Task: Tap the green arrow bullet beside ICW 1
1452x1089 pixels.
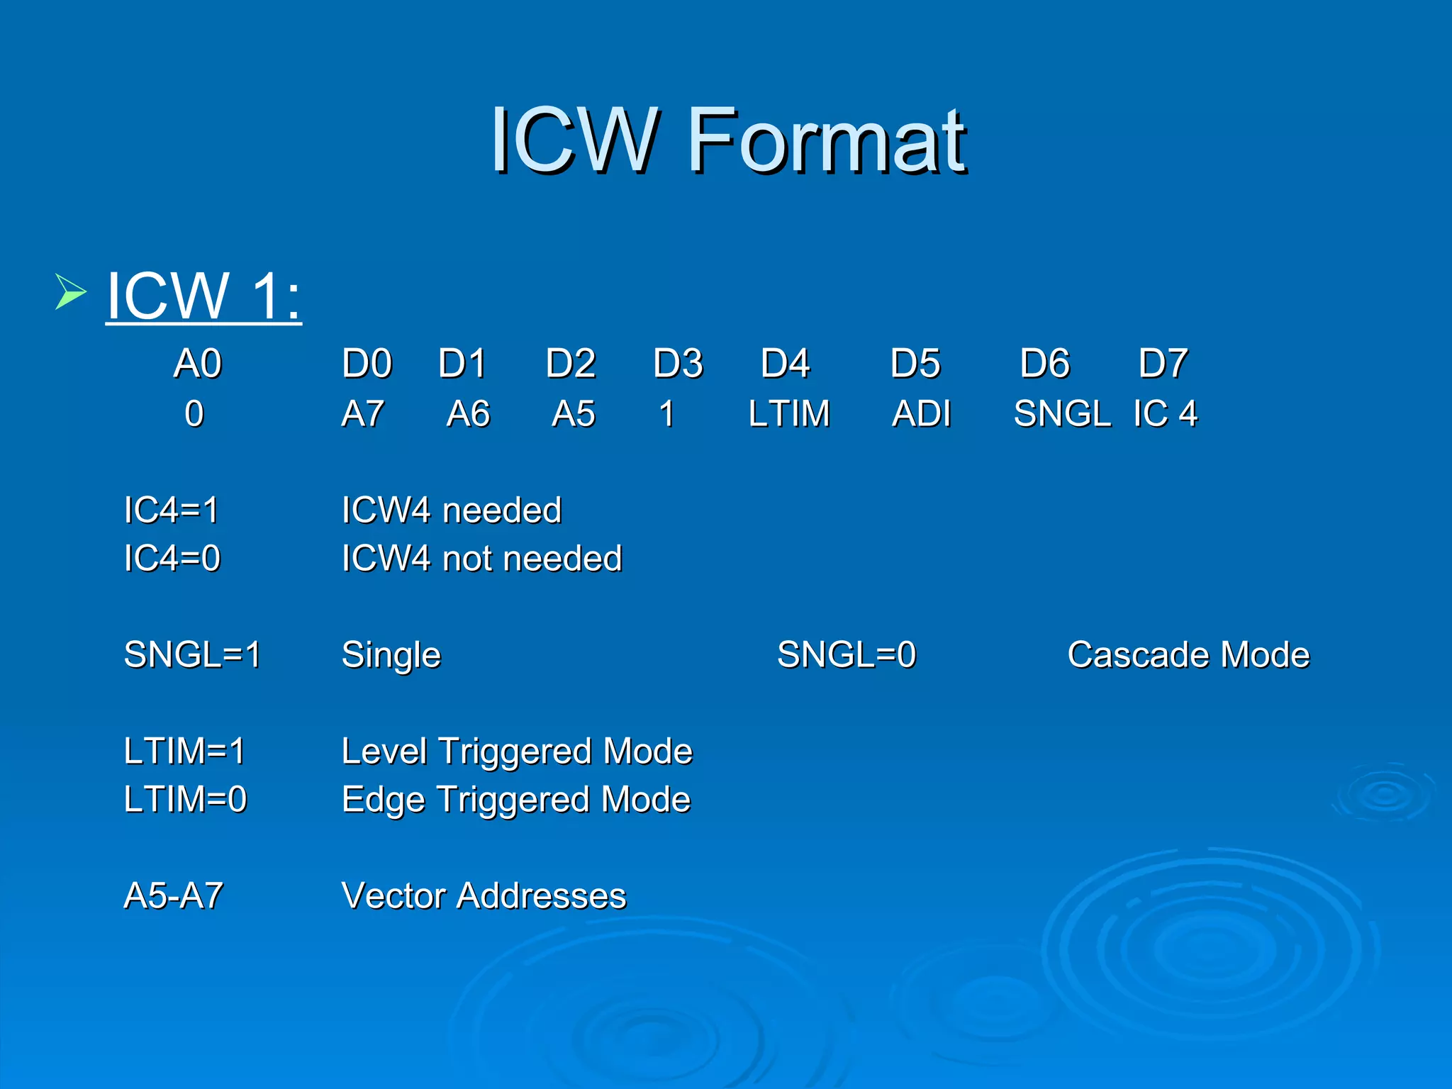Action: point(70,293)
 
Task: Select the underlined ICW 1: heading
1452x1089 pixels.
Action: point(203,296)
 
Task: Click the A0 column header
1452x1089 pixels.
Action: point(198,364)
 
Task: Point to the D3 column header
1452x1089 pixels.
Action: point(678,364)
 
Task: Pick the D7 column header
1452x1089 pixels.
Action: point(1163,364)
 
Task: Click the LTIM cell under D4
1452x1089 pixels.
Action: point(789,414)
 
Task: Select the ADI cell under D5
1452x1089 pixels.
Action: point(921,414)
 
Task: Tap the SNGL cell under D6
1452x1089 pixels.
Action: point(1061,414)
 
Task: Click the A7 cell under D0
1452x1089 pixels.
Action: point(363,414)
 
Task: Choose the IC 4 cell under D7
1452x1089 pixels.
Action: point(1165,414)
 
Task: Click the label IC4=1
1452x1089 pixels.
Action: point(172,510)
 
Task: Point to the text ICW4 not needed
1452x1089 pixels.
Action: point(482,559)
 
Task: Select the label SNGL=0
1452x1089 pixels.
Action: point(847,654)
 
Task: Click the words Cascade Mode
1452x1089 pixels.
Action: point(1188,654)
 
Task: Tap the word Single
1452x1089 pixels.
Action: point(391,655)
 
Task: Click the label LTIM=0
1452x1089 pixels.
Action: point(185,800)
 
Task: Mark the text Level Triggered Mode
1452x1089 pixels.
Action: point(517,752)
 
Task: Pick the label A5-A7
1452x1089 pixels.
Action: point(174,896)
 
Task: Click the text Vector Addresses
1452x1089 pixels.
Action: point(484,896)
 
